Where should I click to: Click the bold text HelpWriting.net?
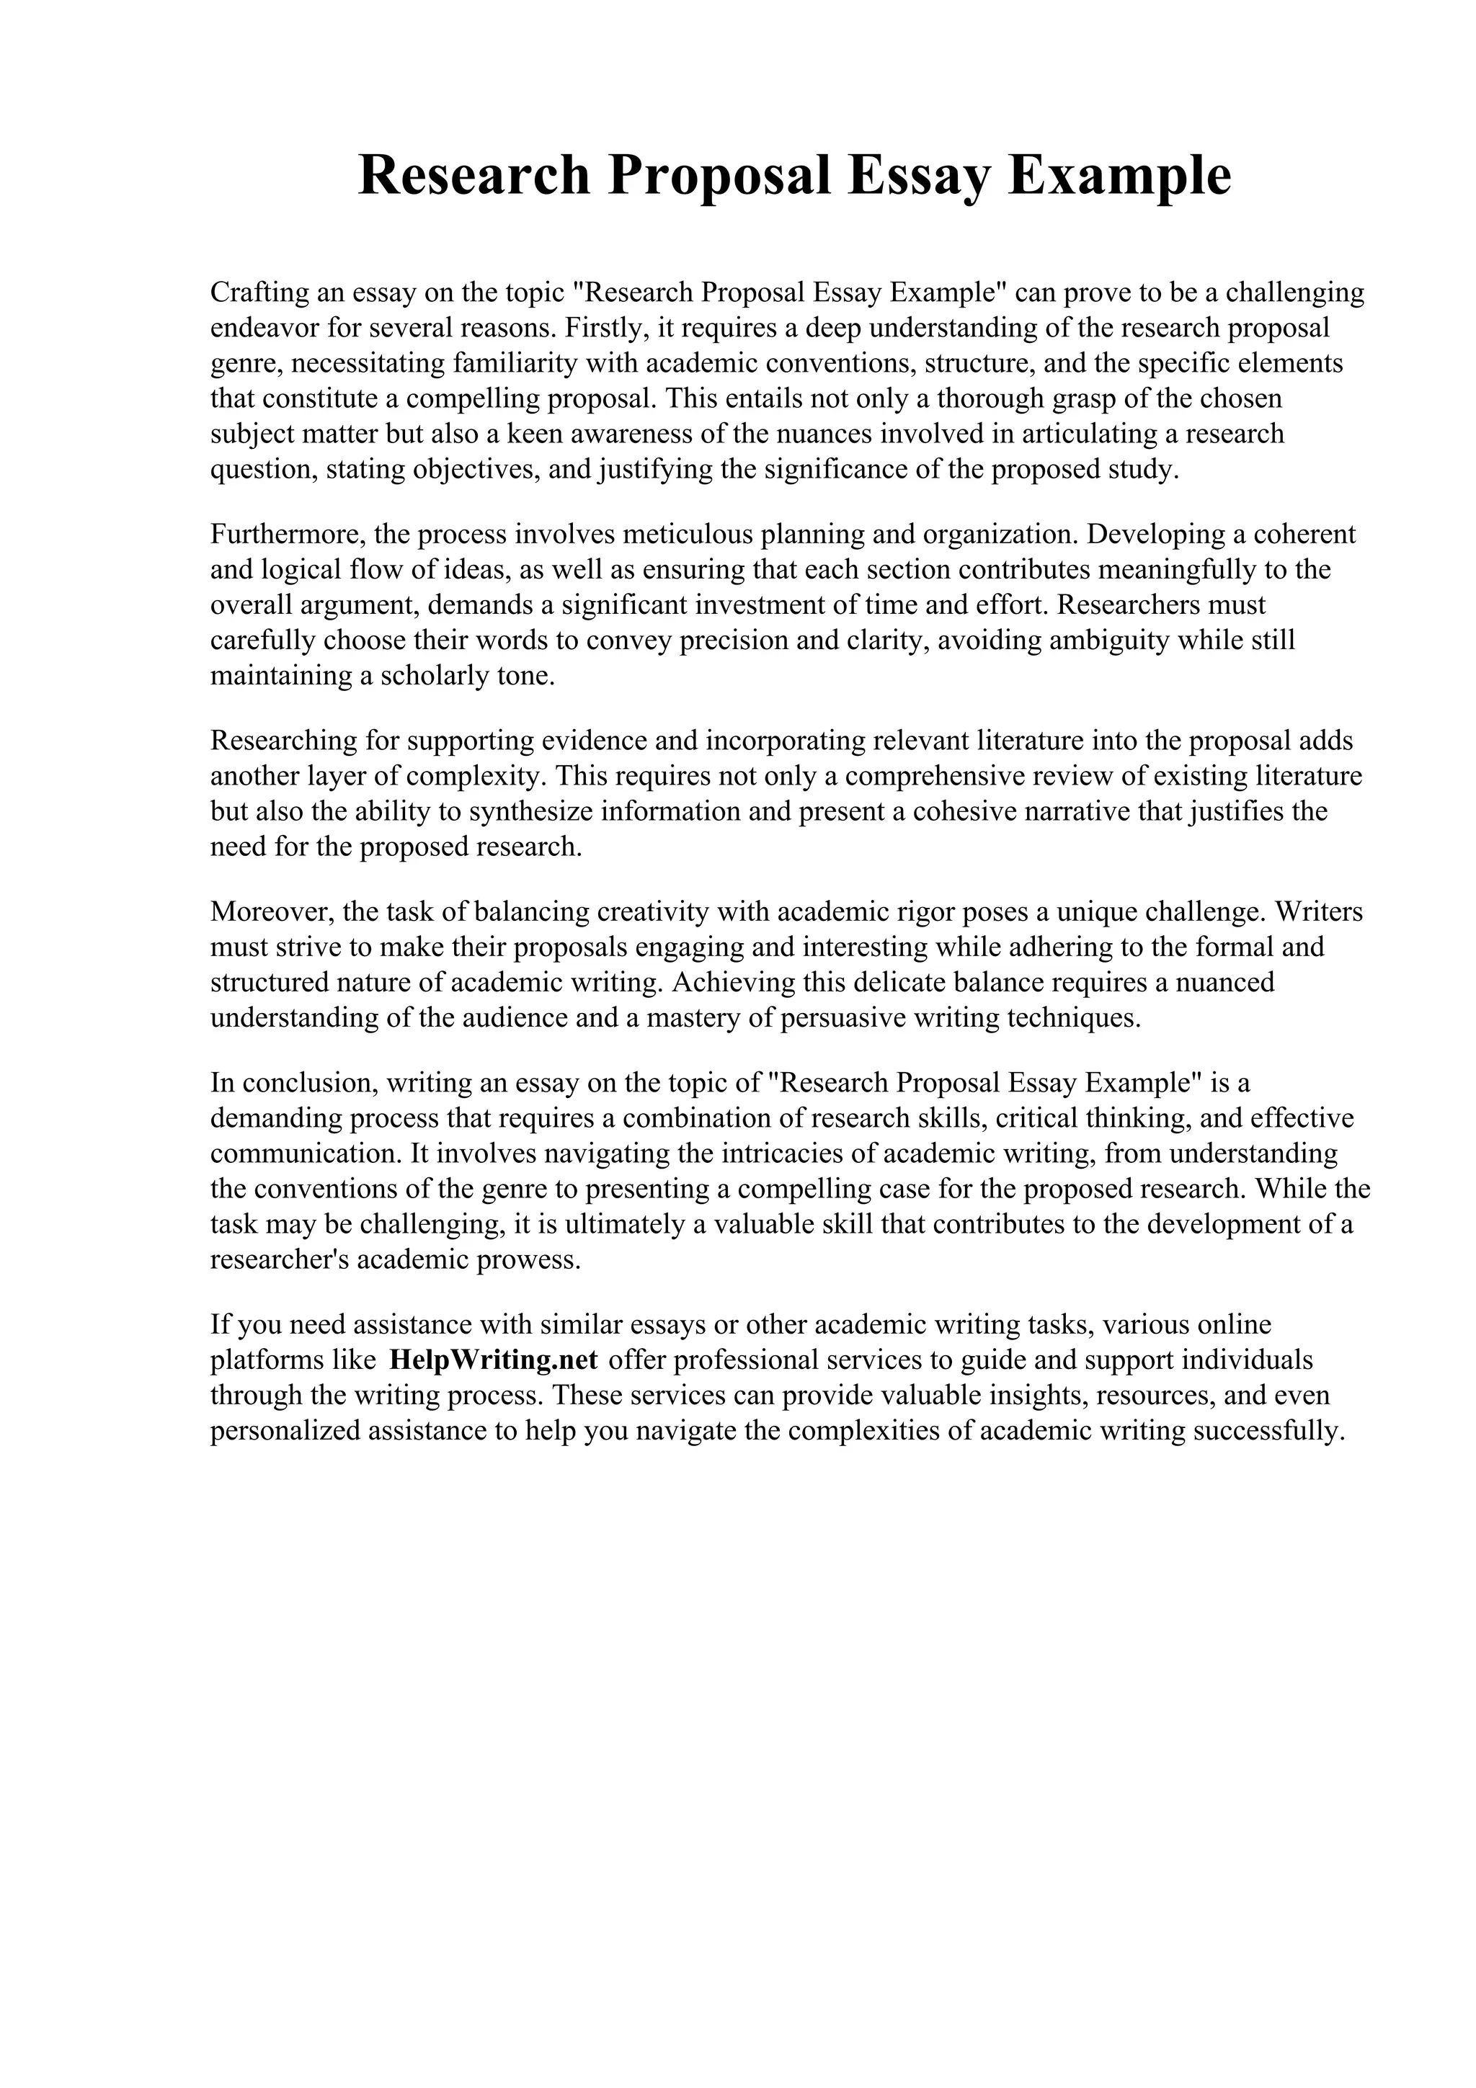tap(493, 1360)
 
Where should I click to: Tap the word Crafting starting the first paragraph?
tap(258, 293)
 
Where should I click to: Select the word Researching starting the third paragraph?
tap(284, 740)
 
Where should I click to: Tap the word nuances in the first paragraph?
tap(817, 434)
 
